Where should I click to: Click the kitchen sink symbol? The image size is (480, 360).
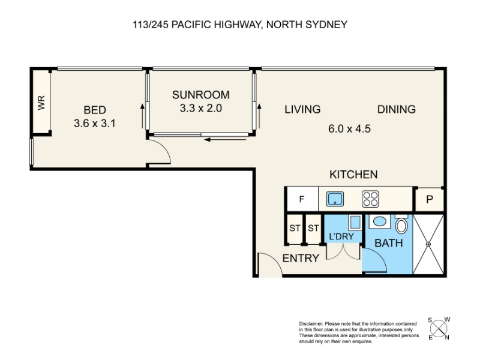pos(335,199)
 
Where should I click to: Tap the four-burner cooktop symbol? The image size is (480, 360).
pos(370,199)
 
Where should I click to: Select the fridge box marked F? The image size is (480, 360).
pos(302,199)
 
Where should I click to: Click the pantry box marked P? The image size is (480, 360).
pos(429,200)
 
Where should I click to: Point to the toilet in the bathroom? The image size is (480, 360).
pos(401,224)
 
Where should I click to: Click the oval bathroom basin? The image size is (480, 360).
pos(380,222)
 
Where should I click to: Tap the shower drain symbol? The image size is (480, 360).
pos(428,244)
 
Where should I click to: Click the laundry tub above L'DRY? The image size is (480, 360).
pos(355,222)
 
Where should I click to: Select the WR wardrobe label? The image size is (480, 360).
pos(41,103)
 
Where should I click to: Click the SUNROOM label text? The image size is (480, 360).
pos(201,95)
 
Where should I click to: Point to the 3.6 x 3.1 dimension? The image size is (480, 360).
pos(95,124)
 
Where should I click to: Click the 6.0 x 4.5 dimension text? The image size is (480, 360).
pos(349,128)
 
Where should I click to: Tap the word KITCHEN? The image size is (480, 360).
pos(353,175)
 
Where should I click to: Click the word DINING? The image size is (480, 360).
pos(397,109)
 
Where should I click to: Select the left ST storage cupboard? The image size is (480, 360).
pos(295,229)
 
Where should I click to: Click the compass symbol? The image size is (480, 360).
pos(439,329)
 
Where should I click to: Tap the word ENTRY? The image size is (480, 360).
pos(301,259)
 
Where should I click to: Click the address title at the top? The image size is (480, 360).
pos(240,25)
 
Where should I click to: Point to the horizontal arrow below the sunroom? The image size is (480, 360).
pos(226,140)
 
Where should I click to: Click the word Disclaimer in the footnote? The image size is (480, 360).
pos(311,323)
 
